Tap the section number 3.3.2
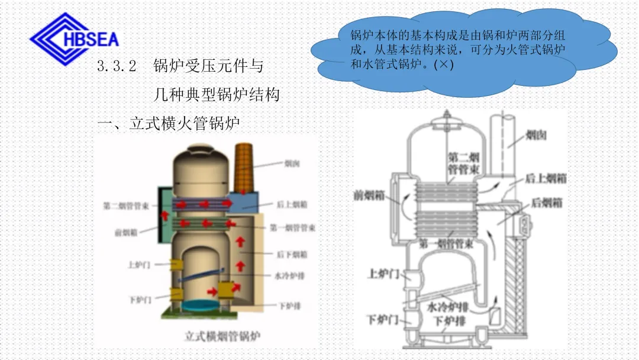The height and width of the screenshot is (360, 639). click(117, 66)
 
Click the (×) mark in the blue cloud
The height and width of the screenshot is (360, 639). click(443, 65)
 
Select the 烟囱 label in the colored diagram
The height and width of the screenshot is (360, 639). click(291, 163)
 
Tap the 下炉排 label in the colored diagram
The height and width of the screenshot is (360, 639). click(289, 306)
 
